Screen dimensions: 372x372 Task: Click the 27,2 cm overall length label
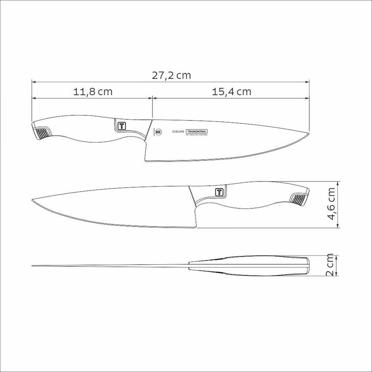171,76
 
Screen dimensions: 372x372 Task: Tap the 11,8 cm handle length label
93,92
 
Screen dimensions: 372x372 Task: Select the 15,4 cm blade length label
232,92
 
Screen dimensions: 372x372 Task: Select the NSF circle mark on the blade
158,131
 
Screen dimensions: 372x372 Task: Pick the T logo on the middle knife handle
219,192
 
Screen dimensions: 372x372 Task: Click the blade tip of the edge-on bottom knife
32,266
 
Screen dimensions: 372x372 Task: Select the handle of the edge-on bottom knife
249,266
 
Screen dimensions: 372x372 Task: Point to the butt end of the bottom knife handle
308,265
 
